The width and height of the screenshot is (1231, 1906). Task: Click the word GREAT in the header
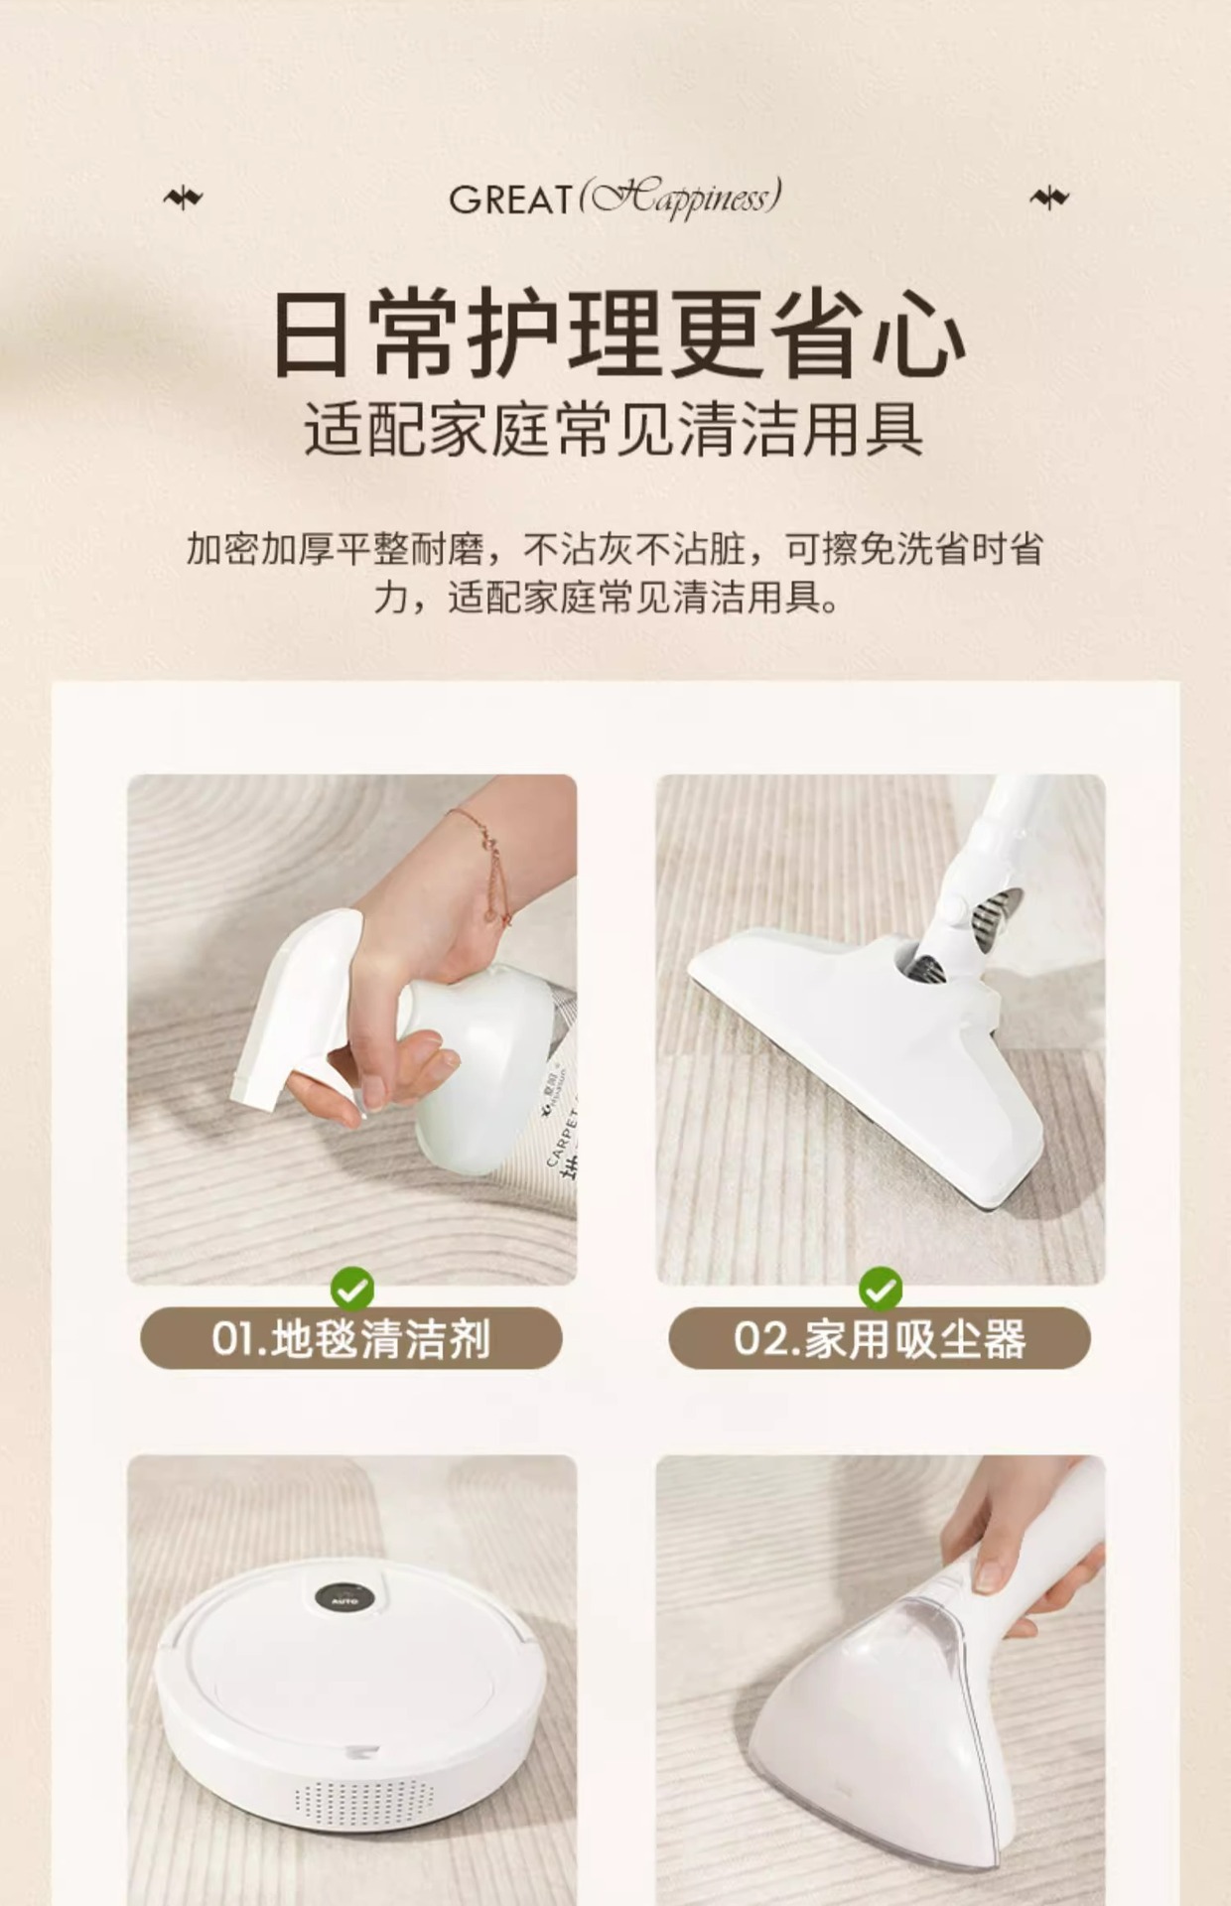click(510, 200)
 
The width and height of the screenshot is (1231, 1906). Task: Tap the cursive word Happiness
click(681, 198)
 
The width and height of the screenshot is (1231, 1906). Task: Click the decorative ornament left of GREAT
click(183, 199)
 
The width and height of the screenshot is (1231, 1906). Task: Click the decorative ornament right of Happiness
click(1049, 199)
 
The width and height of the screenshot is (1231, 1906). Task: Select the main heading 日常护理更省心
click(616, 334)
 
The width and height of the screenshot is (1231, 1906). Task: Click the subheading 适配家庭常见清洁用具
click(615, 429)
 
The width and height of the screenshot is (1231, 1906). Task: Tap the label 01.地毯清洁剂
click(351, 1339)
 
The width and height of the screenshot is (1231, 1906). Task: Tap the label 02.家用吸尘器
click(880, 1339)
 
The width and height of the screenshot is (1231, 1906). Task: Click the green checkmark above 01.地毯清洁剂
click(352, 1290)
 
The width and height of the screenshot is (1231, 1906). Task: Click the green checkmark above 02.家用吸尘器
click(880, 1290)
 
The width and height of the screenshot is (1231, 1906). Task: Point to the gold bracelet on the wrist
click(486, 864)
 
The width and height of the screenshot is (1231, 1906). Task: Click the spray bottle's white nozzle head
click(298, 1003)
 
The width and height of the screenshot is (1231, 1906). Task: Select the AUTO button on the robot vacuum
click(343, 1597)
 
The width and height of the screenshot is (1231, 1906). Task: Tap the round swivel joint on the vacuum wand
click(955, 909)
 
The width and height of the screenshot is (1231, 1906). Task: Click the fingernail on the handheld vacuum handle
click(989, 1572)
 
